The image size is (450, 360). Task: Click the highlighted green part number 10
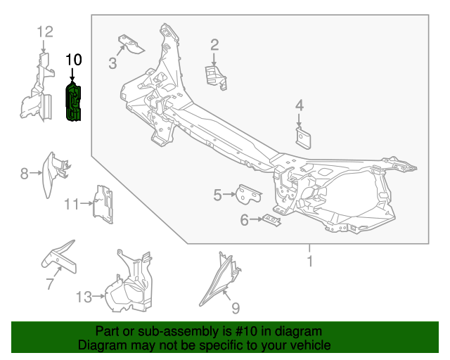[x=74, y=103]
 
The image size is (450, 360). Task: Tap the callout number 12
[x=44, y=32]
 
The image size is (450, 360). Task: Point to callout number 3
[x=112, y=65]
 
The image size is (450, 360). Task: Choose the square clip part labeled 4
[x=304, y=137]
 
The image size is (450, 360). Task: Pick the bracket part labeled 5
[x=247, y=193]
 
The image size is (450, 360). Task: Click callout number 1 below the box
[x=308, y=262]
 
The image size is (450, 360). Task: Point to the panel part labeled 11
[x=104, y=205]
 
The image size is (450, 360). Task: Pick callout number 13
[x=84, y=297]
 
